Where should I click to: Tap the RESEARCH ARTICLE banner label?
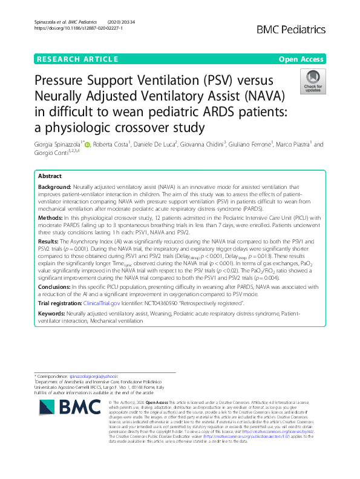(x=77, y=59)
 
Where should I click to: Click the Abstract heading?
(x=50, y=175)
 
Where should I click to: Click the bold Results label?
(x=50, y=241)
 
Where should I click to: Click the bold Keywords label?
(x=51, y=314)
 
